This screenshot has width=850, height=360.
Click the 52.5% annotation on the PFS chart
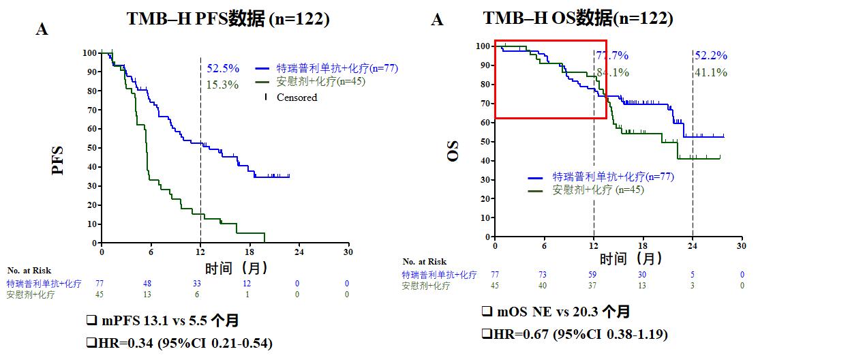click(x=223, y=68)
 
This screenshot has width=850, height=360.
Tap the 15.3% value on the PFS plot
click(x=223, y=85)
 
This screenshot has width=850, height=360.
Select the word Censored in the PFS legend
click(x=297, y=97)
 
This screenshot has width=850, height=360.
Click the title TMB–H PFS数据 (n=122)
click(x=228, y=19)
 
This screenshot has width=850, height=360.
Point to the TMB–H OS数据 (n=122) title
click(x=578, y=19)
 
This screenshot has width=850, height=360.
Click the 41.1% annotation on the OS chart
click(x=710, y=72)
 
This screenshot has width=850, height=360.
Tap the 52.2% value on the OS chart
click(x=710, y=56)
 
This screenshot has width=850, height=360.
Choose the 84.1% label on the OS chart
click(x=612, y=72)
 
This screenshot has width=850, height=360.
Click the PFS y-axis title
click(x=59, y=160)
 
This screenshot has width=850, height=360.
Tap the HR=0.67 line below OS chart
click(x=574, y=334)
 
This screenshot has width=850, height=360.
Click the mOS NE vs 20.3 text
click(x=556, y=312)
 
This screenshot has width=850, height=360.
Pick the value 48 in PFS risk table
click(x=147, y=284)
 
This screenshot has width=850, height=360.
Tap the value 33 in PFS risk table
click(x=197, y=284)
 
